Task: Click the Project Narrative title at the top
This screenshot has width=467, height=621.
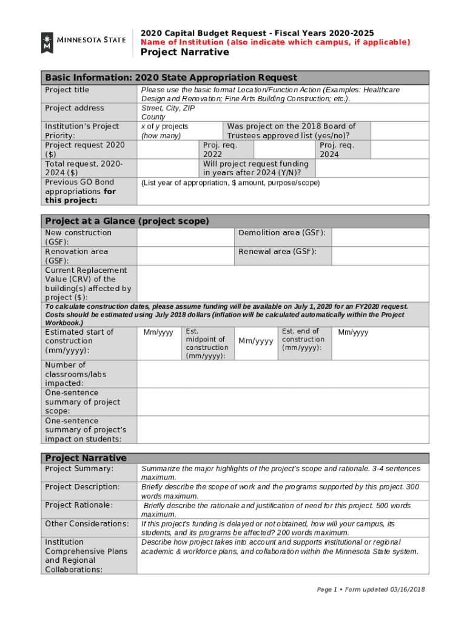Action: tap(185, 52)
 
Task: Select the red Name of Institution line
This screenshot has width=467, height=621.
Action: tap(275, 42)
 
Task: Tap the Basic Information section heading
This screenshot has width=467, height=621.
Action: tap(171, 78)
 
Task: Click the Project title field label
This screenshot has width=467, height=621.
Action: tap(67, 90)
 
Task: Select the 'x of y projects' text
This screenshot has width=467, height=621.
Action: tap(164, 126)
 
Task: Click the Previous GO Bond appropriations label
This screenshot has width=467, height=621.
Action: tap(80, 191)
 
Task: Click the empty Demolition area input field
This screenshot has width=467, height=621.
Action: tap(380, 237)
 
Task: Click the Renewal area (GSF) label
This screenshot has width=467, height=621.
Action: tap(277, 252)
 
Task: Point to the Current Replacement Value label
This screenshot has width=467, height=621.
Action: tap(88, 284)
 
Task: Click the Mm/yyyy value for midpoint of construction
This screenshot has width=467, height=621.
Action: tap(255, 341)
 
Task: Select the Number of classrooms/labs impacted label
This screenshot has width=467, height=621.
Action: tap(75, 374)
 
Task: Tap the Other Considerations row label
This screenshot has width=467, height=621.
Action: tap(87, 523)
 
